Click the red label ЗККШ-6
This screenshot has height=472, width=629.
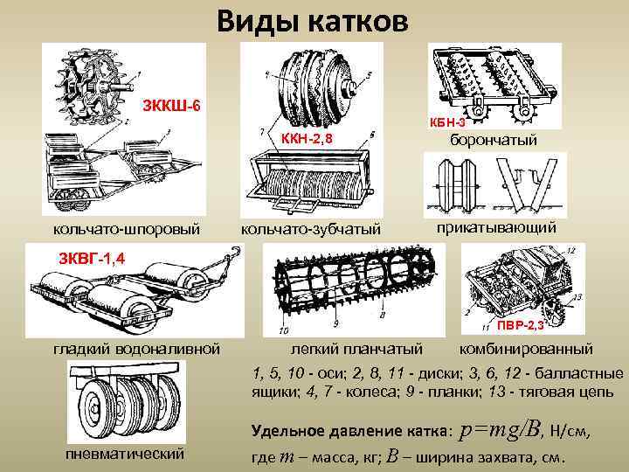coord(173,107)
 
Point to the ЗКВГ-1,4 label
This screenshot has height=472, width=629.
coord(92,259)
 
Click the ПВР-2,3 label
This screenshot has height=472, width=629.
coord(522,325)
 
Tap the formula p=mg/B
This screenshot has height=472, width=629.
coord(501,428)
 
